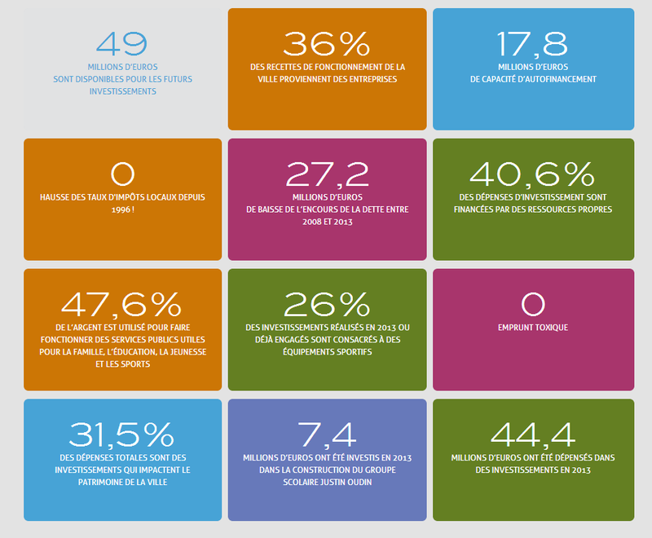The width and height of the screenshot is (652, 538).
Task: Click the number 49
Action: click(x=121, y=43)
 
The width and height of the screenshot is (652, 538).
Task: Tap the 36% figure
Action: click(x=326, y=43)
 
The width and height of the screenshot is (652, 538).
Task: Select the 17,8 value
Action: click(x=533, y=43)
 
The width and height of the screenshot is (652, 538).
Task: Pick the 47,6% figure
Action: click(x=121, y=304)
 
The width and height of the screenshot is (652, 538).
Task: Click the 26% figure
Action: click(x=327, y=304)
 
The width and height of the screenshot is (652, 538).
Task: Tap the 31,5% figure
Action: click(x=121, y=434)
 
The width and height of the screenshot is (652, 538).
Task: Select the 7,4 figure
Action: click(x=327, y=434)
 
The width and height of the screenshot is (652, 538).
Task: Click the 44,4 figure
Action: click(x=533, y=434)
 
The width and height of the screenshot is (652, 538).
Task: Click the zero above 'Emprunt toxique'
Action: click(x=532, y=304)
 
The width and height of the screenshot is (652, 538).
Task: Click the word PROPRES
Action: click(x=594, y=209)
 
